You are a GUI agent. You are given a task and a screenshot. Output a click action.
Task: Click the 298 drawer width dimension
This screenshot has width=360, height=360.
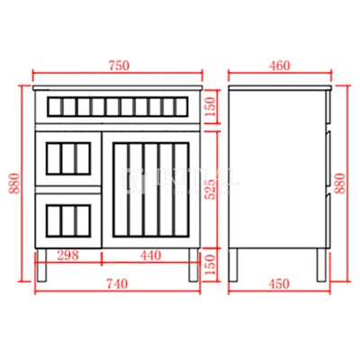coord(66,256)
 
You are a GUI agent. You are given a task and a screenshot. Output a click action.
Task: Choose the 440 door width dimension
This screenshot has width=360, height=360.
coord(150,256)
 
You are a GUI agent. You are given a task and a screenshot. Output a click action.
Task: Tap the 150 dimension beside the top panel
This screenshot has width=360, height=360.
coord(211,109)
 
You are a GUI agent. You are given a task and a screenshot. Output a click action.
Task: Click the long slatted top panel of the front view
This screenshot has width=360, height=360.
coord(115,108)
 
